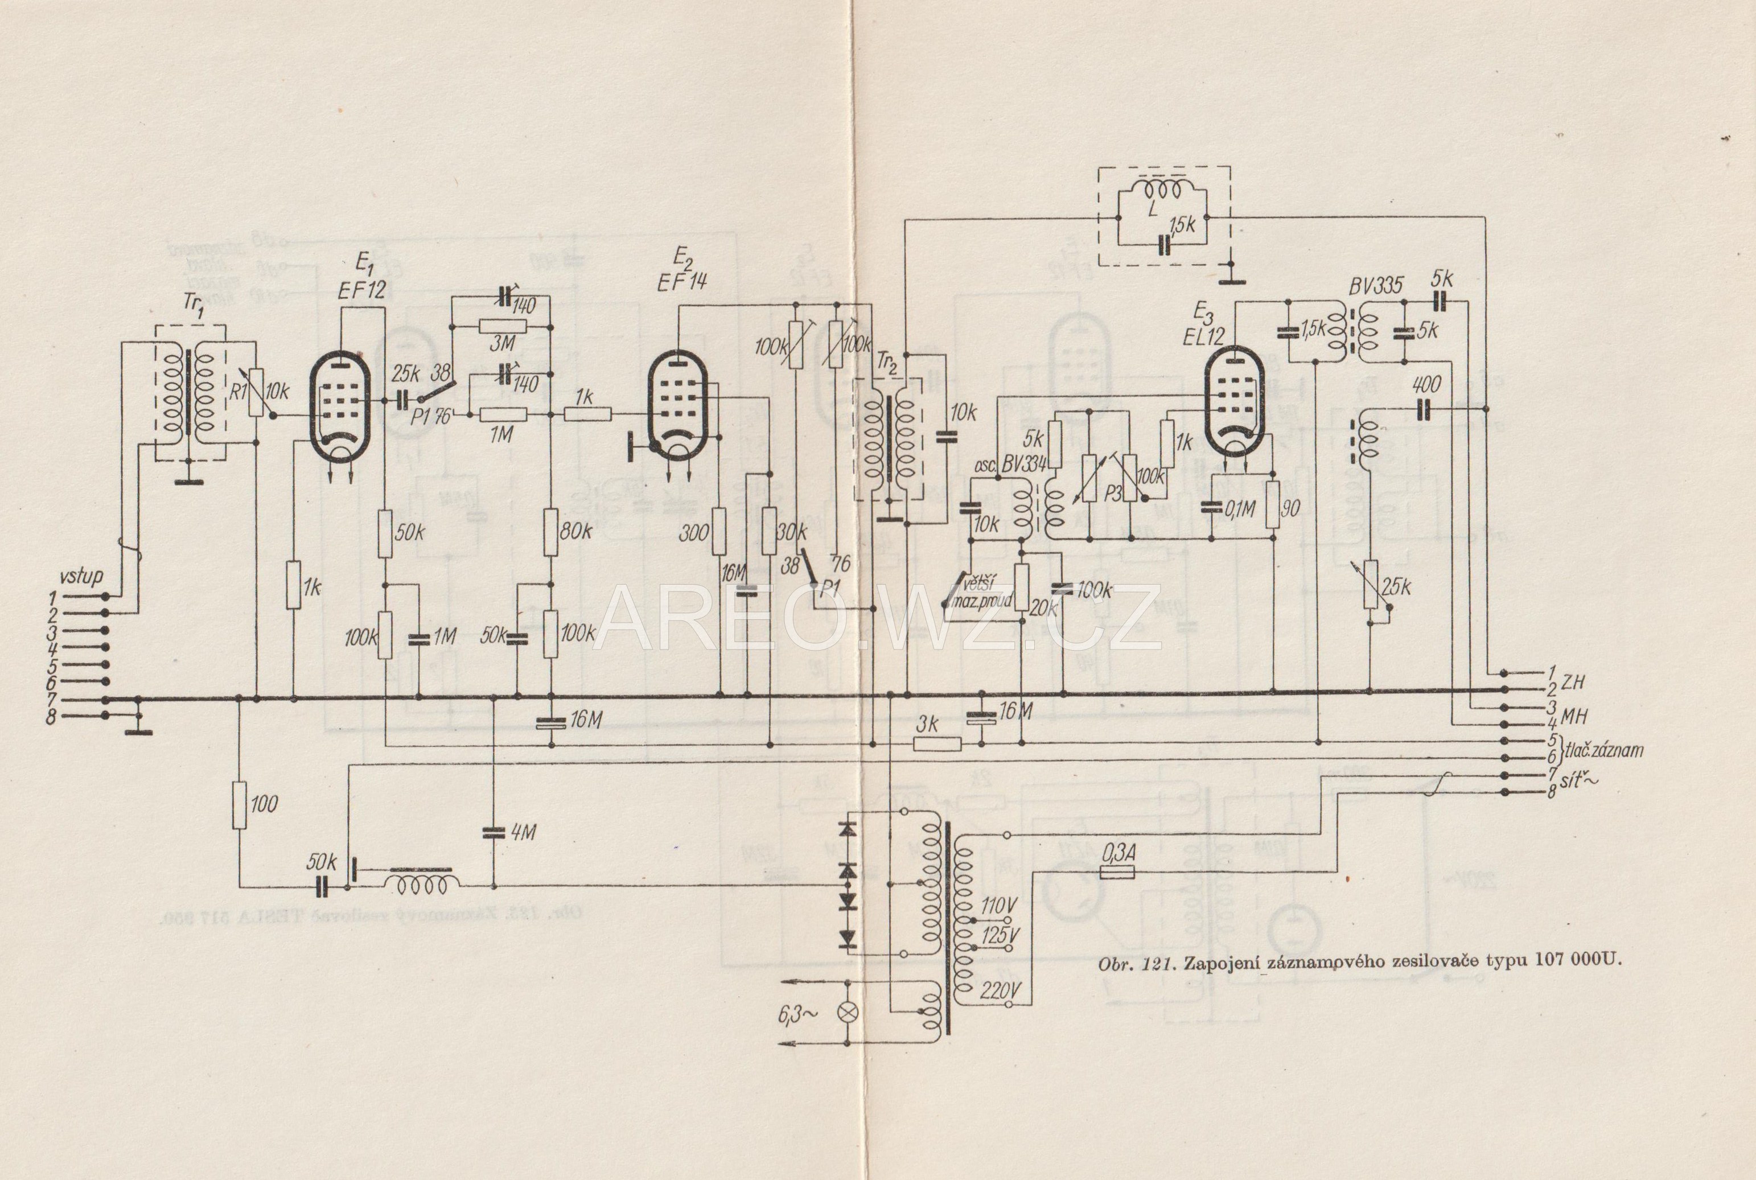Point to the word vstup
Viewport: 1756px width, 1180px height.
tap(81, 577)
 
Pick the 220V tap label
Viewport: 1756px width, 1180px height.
tap(1001, 991)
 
